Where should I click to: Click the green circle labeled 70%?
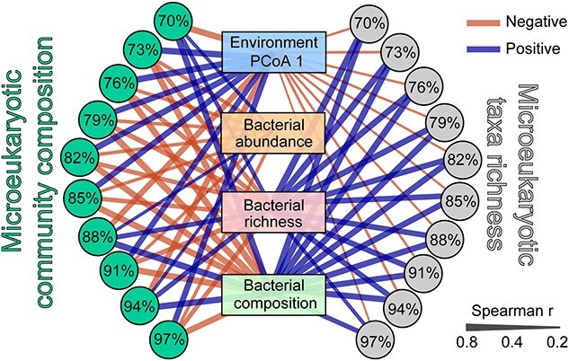coord(173,22)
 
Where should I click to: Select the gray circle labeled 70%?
coord(369,23)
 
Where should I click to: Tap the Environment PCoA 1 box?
coord(273,52)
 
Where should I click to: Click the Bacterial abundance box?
coord(273,133)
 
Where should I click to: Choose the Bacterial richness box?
coord(273,212)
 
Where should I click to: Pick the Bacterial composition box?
coord(273,295)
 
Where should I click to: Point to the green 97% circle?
coord(167,340)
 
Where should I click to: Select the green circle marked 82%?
coord(80,157)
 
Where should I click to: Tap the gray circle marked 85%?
coord(459,201)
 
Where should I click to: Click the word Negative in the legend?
coord(535,22)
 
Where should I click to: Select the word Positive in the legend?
coord(533,48)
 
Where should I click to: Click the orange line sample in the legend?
coord(483,22)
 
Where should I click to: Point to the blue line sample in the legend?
coord(483,48)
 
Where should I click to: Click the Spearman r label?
coord(512,311)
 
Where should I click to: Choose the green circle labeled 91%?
coord(119,270)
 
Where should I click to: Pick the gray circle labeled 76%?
coord(423,87)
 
